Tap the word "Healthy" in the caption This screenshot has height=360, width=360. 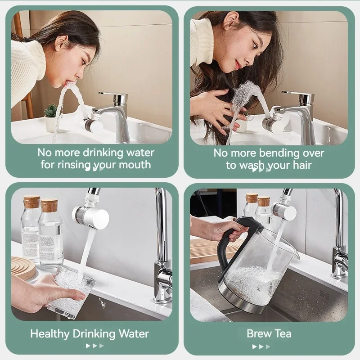coord(50,334)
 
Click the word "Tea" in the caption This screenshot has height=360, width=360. coord(282,333)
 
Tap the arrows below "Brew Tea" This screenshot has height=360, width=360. coord(261,346)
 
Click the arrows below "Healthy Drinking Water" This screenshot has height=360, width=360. coord(94,346)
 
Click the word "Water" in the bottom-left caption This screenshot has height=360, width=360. coord(134,334)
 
